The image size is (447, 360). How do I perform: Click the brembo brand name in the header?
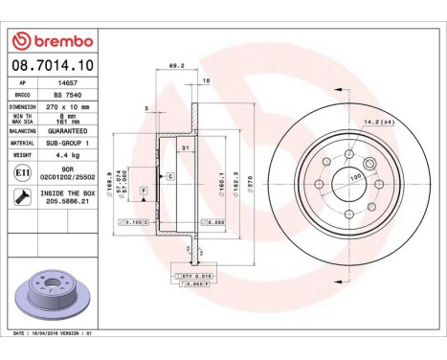[56, 41]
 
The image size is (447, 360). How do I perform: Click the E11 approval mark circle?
[22, 174]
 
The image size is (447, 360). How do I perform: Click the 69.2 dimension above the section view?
[175, 67]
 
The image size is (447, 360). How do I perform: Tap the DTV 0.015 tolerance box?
[191, 275]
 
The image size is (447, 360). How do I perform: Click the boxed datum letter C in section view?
[169, 177]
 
